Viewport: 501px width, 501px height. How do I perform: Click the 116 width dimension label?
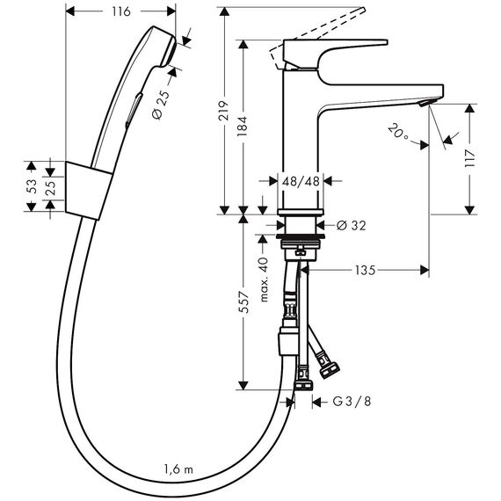pyautogui.click(x=121, y=11)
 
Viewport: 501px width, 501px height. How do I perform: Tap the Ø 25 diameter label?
pyautogui.click(x=162, y=105)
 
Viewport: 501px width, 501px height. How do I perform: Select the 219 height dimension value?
pyautogui.click(x=223, y=111)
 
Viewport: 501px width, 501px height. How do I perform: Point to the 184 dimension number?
pyautogui.click(x=243, y=127)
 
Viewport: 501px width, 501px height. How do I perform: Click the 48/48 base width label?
pyautogui.click(x=301, y=181)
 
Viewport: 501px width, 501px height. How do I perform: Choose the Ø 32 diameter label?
pyautogui.click(x=352, y=226)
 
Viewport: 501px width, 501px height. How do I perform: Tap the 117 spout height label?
pyautogui.click(x=469, y=158)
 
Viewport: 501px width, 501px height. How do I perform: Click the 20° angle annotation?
pyautogui.click(x=398, y=131)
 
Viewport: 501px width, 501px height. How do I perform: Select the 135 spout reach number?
pyautogui.click(x=365, y=271)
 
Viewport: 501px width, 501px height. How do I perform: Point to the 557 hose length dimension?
pyautogui.click(x=244, y=301)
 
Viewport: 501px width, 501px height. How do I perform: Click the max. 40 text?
pyautogui.click(x=264, y=280)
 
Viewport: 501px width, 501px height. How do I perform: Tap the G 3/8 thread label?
pyautogui.click(x=352, y=402)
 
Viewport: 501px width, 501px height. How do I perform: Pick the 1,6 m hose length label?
pyautogui.click(x=178, y=469)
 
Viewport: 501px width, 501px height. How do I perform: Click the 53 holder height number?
pyautogui.click(x=32, y=186)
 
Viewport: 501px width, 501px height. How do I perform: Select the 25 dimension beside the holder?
pyautogui.click(x=50, y=187)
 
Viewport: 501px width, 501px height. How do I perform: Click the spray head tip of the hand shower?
pyautogui.click(x=170, y=51)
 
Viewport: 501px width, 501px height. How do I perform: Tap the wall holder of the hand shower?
pyautogui.click(x=89, y=191)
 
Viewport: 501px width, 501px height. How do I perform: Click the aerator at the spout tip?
pyautogui.click(x=425, y=103)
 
